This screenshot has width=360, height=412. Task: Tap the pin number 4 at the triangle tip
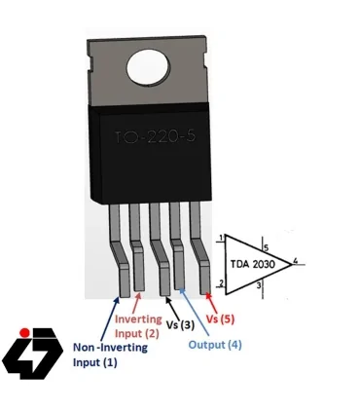(x=296, y=261)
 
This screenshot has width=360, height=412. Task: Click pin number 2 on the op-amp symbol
(x=222, y=284)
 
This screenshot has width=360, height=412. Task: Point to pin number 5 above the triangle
(x=265, y=235)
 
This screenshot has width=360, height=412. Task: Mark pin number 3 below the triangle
(x=258, y=287)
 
